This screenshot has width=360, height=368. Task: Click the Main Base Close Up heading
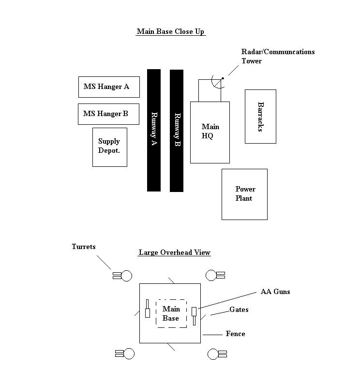[171, 32]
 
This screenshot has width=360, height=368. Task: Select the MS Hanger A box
[109, 87]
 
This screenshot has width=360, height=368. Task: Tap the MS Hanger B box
[108, 114]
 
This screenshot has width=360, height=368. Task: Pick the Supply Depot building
[110, 147]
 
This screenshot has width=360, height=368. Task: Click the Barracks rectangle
[260, 117]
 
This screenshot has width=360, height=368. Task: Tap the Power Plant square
[244, 194]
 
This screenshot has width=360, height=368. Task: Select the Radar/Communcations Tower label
[278, 56]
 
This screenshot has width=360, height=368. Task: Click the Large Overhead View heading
[175, 252]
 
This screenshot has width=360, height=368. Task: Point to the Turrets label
[84, 247]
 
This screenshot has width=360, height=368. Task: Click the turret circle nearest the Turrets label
[126, 276]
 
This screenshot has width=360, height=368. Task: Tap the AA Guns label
[275, 292]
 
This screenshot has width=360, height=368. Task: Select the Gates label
[239, 309]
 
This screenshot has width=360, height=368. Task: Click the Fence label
[235, 334]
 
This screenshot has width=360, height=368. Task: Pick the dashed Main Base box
[171, 313]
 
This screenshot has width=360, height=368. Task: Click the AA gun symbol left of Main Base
[148, 308]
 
